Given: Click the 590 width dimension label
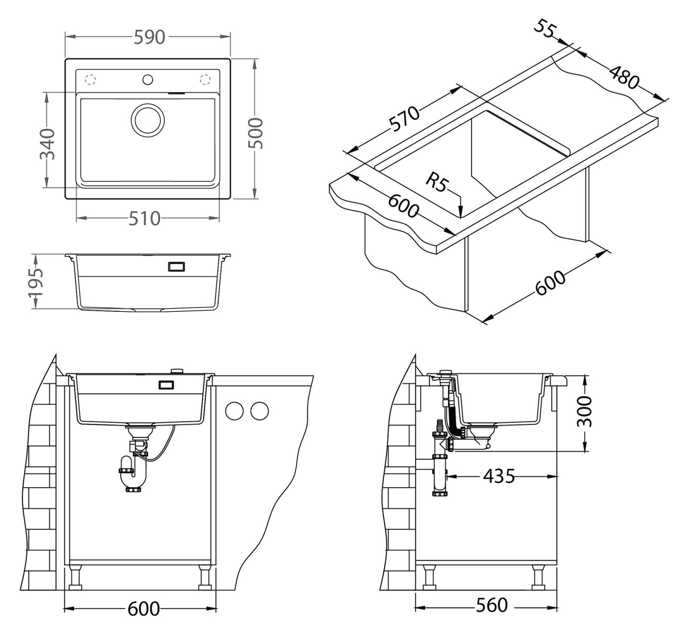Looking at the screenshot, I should [149, 37].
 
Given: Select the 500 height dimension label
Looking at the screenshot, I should [256, 133].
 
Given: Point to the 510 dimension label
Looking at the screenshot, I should [145, 219].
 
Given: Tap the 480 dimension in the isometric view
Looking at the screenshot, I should [624, 77].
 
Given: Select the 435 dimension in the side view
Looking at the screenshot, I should [499, 476].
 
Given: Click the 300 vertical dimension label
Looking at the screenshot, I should [585, 412].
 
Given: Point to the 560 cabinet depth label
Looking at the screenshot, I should [492, 605].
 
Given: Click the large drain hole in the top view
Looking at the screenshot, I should [148, 120].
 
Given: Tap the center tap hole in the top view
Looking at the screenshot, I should [148, 80].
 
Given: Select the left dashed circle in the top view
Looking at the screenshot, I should [90, 80].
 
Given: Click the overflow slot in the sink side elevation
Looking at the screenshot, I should [177, 267].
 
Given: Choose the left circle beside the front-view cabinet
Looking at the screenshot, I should [234, 411].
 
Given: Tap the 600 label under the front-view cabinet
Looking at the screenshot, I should [143, 609].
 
